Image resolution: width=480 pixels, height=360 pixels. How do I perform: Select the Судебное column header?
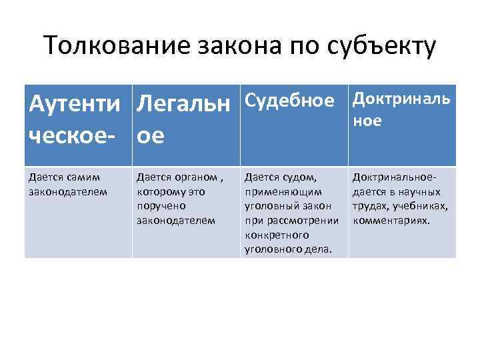(x=289, y=101)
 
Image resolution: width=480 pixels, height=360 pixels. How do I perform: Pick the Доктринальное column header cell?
(x=401, y=109)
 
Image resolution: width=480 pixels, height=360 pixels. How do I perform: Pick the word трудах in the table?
(x=371, y=207)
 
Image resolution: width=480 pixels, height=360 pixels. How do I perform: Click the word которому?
(x=162, y=192)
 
